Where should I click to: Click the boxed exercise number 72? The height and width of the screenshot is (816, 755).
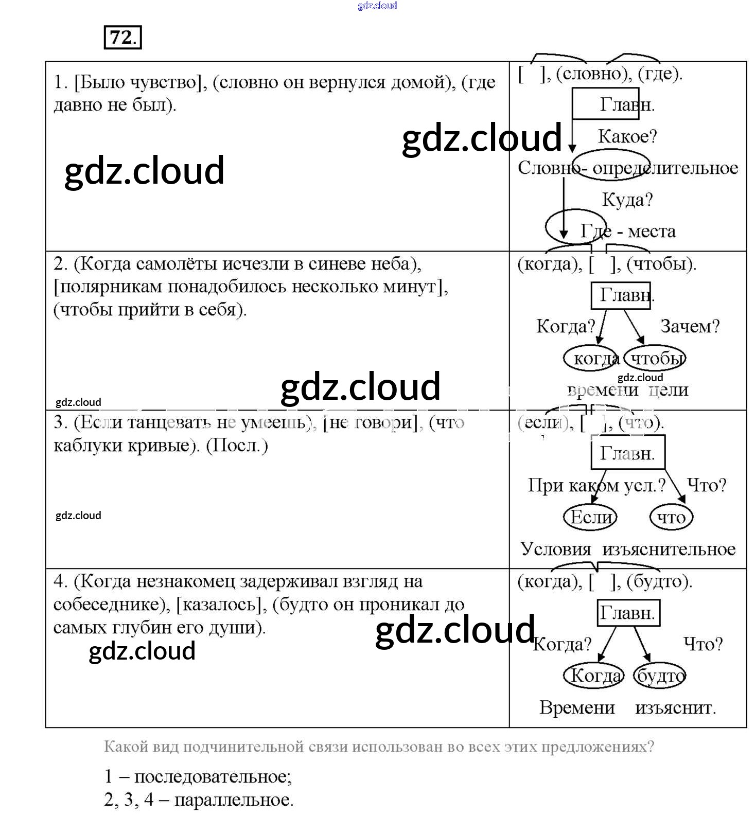click(122, 38)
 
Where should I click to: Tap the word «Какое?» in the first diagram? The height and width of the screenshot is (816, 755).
click(627, 137)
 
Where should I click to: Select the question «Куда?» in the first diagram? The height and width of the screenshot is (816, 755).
click(627, 200)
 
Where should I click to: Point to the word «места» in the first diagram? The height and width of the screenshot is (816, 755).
click(652, 232)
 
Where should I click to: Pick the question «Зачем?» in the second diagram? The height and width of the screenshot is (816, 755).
click(690, 326)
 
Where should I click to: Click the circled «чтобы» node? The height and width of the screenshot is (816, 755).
click(656, 359)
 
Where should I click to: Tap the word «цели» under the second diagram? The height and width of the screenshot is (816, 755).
click(669, 390)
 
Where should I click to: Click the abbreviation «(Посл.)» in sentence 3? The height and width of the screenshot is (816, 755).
click(237, 445)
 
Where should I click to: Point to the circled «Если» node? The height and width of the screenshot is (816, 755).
click(590, 517)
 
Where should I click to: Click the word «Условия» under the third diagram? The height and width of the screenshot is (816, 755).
click(556, 549)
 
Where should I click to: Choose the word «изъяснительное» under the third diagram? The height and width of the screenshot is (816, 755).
click(669, 549)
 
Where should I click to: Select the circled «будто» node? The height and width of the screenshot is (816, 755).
click(660, 676)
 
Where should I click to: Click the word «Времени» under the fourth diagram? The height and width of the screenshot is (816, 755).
click(577, 708)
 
